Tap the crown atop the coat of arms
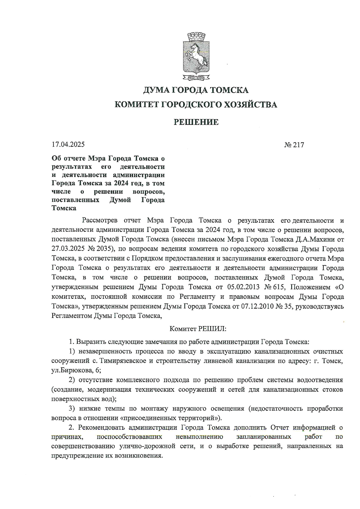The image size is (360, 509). pos(196,37)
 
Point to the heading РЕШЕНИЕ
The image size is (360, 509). pos(196,122)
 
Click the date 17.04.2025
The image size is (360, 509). pos(68,144)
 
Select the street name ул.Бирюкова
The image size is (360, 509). pos(68,371)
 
